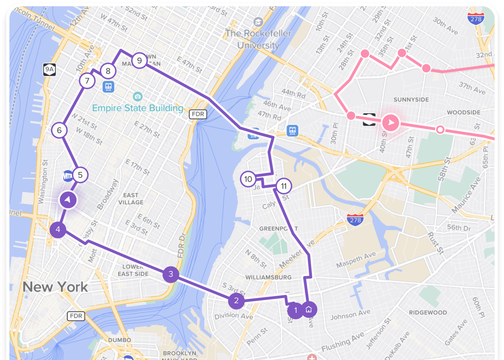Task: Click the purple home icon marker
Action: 309,310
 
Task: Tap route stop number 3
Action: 171,274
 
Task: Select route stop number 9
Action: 139,61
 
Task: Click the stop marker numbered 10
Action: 248,179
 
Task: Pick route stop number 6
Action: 59,130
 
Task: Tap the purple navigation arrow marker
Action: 68,200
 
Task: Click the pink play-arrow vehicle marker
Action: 391,123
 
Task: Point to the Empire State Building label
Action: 138,108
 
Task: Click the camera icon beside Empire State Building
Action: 137,96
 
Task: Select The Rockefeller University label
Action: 258,39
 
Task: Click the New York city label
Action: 55,287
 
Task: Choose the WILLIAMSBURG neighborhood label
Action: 268,277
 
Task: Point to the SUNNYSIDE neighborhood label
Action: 411,100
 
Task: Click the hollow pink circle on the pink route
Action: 440,130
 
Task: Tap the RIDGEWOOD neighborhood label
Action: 428,312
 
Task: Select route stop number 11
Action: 284,186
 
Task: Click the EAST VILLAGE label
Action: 131,199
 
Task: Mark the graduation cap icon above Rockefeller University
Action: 258,22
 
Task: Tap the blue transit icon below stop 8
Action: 108,86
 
